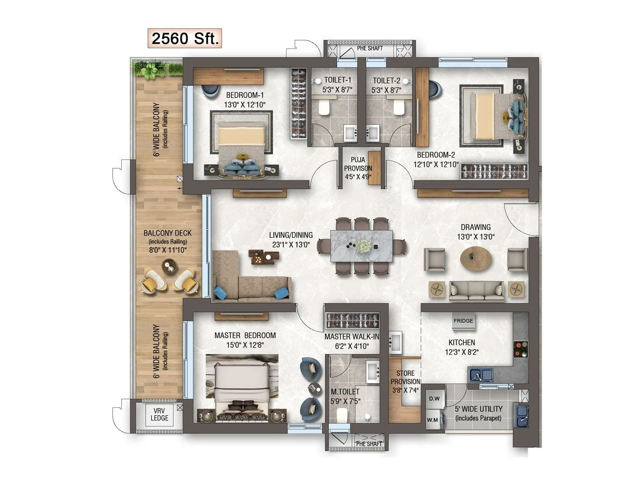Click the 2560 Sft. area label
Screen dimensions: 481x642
point(185,38)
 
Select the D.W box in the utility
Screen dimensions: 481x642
point(434,398)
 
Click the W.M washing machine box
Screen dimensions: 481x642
point(433,420)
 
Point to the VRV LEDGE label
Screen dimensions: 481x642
point(159,414)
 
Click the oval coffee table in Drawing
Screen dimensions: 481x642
point(475,259)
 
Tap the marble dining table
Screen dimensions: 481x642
point(362,246)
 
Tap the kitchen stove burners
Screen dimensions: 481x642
point(520,349)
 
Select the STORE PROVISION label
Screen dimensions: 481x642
point(405,381)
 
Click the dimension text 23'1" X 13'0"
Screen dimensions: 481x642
point(291,245)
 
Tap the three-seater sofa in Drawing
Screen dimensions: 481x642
point(476,291)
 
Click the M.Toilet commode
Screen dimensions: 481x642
point(342,415)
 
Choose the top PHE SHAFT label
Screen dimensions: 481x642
point(370,48)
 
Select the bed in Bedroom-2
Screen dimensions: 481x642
point(490,116)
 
